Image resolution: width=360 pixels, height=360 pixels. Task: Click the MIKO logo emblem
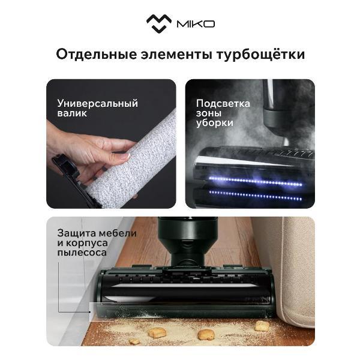pyautogui.click(x=159, y=23)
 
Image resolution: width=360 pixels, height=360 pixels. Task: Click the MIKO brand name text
pyautogui.click(x=196, y=24)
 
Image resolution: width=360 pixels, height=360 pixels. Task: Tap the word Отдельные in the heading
pyautogui.click(x=97, y=55)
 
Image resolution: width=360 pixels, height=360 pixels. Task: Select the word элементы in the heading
pyautogui.click(x=176, y=55)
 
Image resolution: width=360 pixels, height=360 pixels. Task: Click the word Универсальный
pyautogui.click(x=98, y=104)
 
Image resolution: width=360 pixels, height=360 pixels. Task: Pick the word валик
pyautogui.click(x=72, y=113)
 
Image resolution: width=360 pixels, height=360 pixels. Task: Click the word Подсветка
pyautogui.click(x=223, y=104)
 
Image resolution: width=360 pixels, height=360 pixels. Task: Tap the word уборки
pyautogui.click(x=214, y=123)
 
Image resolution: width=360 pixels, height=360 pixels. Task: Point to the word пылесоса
pyautogui.click(x=82, y=253)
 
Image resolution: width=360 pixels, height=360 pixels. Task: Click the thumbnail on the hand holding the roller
pyautogui.click(x=125, y=157)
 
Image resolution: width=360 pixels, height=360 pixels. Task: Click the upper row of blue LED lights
pyautogui.click(x=256, y=181)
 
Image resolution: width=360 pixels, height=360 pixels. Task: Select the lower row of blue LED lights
pyautogui.click(x=256, y=196)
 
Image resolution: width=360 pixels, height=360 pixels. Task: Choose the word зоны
pyautogui.click(x=209, y=113)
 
